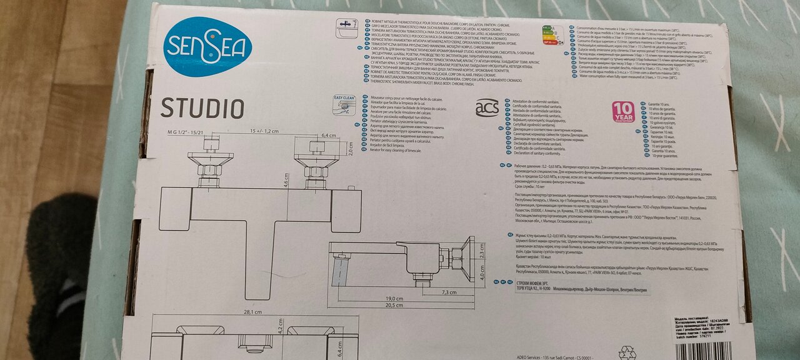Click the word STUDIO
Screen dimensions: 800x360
[x=202, y=108]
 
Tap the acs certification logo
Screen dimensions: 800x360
[x=487, y=107]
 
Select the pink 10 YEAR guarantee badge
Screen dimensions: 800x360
[x=622, y=111]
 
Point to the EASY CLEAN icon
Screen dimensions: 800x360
[x=344, y=105]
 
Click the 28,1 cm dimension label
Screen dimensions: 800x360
[x=252, y=312]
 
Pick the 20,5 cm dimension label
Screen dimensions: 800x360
[x=394, y=305]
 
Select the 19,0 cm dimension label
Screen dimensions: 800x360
[x=394, y=299]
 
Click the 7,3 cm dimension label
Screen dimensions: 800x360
[x=449, y=292]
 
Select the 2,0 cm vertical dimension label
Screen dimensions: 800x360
[x=350, y=150]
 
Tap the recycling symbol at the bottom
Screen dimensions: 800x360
[x=627, y=352]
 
